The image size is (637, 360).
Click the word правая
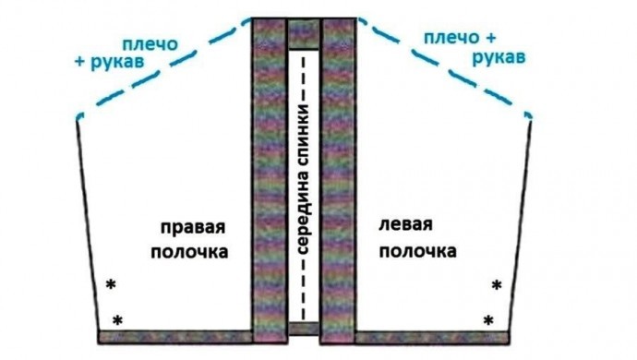pyautogui.click(x=193, y=228)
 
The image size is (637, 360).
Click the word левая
pyautogui.click(x=405, y=224)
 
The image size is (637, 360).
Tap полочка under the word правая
pyautogui.click(x=189, y=252)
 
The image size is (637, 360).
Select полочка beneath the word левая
pyautogui.click(x=417, y=251)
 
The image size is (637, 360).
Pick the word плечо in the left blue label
pyautogui.click(x=150, y=44)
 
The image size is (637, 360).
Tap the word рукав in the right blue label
pyautogui.click(x=499, y=58)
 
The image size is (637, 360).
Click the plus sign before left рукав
pyautogui.click(x=80, y=61)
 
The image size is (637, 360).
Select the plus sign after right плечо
pyautogui.click(x=489, y=38)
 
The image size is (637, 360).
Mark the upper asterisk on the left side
pyautogui.click(x=111, y=284)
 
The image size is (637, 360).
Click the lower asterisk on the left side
pyautogui.click(x=117, y=320)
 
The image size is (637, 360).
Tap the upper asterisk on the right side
pyautogui.click(x=497, y=285)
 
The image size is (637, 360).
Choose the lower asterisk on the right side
pyautogui.click(x=488, y=320)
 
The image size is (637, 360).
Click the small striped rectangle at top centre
pyautogui.click(x=304, y=34)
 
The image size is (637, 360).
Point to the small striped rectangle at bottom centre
pyautogui.click(x=304, y=329)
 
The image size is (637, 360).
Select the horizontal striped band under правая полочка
pyautogui.click(x=175, y=337)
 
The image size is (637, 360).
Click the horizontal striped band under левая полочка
pyautogui.click(x=432, y=338)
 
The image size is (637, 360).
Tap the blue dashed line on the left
pyautogui.click(x=164, y=67)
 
